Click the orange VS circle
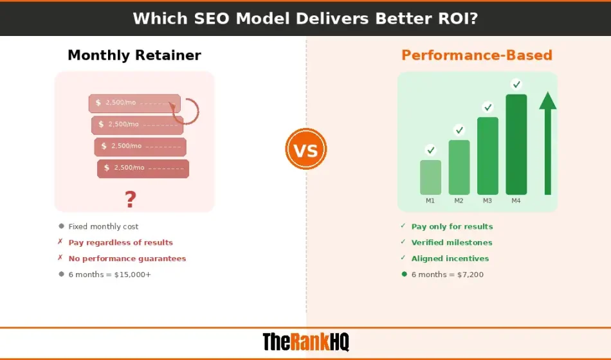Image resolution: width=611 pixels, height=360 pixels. point(306,149)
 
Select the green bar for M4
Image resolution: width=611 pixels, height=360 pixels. point(516,145)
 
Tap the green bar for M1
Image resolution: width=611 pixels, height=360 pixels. point(430,177)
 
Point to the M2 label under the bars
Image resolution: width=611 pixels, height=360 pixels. point(459,201)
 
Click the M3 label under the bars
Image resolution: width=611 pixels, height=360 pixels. point(488,201)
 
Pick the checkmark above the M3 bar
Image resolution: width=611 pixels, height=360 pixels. point(488,107)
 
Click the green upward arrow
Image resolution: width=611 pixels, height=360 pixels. point(548,143)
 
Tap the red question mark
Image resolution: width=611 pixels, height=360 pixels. point(131,199)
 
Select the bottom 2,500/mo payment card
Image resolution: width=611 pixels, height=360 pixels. point(143,168)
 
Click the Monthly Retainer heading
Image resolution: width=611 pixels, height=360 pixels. point(134,55)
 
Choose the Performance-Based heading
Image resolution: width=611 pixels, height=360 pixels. point(477,55)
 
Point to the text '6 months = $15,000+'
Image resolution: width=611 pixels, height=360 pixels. point(109,274)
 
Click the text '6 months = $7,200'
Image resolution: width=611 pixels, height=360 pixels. point(447,274)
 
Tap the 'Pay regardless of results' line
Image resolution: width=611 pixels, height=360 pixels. point(120,242)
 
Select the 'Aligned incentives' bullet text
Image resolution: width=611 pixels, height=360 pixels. point(450,258)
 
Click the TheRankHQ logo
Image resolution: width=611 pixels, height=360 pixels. point(305,342)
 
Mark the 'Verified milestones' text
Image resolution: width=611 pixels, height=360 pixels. point(451,242)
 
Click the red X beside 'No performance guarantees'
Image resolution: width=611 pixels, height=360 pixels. point(60,258)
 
